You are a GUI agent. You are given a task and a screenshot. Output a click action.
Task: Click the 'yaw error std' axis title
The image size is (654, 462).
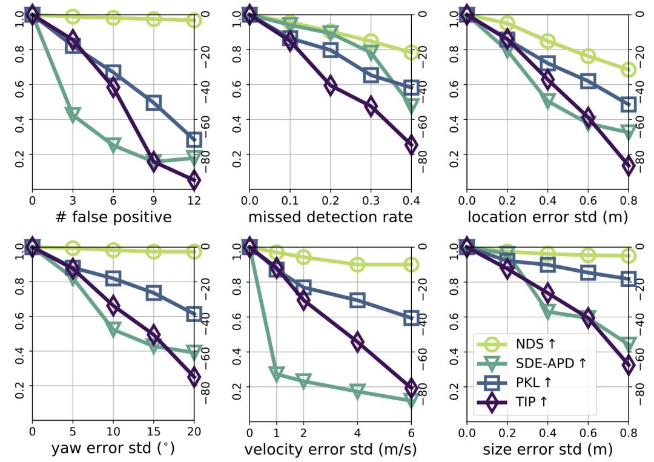tap(113, 449)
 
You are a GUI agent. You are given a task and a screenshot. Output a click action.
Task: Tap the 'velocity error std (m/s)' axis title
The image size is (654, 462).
tap(330, 449)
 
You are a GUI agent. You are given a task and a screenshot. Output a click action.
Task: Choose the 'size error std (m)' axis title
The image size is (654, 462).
tap(547, 449)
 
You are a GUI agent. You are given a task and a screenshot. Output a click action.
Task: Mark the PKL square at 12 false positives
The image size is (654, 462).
tap(194, 140)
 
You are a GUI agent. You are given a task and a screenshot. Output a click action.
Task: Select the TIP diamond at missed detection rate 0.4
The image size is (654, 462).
tap(411, 144)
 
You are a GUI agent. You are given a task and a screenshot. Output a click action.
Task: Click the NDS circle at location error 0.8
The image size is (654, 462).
tap(628, 70)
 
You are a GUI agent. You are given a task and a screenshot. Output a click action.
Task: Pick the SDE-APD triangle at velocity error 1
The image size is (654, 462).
tap(276, 374)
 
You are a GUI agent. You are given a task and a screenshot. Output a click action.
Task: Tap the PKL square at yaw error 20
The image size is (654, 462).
tap(194, 314)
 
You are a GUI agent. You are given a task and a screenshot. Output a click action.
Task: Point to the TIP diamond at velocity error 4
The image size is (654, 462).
tap(357, 342)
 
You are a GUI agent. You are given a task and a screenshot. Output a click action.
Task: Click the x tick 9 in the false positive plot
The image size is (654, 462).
tap(153, 199)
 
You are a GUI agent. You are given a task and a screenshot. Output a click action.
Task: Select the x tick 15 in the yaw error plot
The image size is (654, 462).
tap(153, 432)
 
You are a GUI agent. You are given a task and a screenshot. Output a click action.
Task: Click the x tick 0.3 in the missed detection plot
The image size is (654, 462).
tap(371, 199)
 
